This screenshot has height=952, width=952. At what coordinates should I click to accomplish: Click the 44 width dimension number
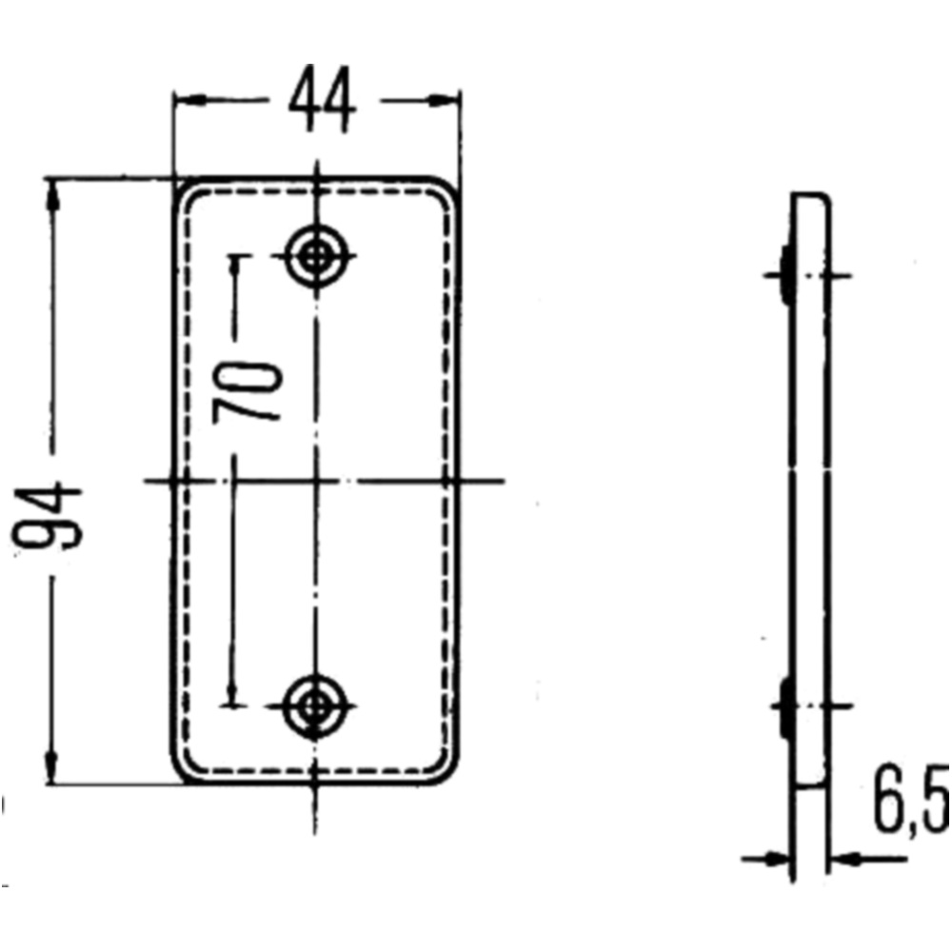(x=323, y=100)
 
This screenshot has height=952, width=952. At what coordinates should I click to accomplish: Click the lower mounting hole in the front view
(x=317, y=706)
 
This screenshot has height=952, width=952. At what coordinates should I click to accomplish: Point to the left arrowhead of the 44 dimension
(x=184, y=99)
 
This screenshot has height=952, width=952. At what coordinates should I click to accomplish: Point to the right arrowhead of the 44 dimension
(x=448, y=99)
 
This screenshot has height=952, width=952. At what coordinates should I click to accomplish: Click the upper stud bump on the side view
(x=785, y=273)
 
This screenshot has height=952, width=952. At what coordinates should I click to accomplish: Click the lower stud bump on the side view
(x=785, y=706)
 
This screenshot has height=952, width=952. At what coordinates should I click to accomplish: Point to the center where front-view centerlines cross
(x=317, y=481)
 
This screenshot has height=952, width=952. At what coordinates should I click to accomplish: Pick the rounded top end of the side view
(x=812, y=198)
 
